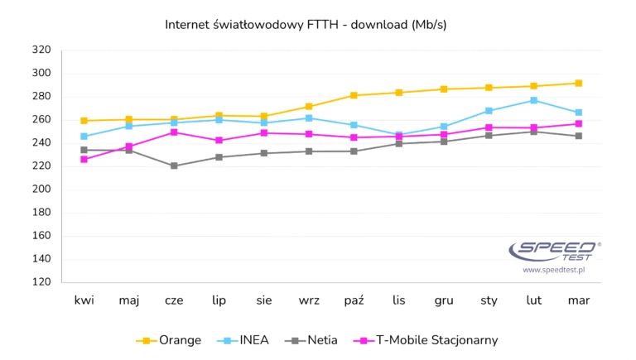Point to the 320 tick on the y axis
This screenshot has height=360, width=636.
[41, 50]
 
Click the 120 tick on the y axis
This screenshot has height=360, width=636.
[41, 282]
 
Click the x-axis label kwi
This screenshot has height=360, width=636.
[84, 300]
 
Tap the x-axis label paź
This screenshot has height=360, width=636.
[354, 300]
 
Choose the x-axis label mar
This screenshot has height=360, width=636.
[579, 300]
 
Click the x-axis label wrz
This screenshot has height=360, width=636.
[309, 300]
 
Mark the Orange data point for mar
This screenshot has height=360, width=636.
[579, 83]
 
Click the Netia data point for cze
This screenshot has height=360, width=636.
[174, 166]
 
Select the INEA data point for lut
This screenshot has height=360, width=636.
[534, 100]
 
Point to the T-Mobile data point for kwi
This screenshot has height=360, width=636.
[84, 159]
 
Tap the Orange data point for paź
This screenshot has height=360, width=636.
[354, 95]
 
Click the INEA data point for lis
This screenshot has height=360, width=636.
[399, 135]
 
